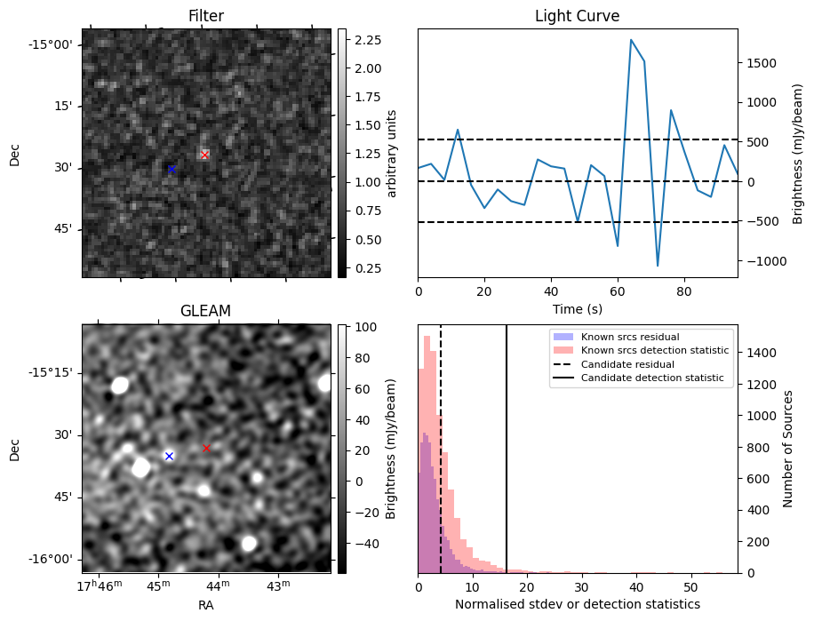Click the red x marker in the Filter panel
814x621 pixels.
coord(204,155)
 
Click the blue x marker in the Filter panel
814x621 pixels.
coord(172,169)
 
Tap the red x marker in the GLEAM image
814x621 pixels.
coord(206,449)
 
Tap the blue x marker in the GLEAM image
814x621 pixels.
coord(169,456)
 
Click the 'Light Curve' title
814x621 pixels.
coord(577,17)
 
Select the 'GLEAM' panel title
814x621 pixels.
coord(205,311)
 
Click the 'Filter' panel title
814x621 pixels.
coord(205,17)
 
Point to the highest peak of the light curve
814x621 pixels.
coord(631,40)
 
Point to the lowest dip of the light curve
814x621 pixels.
coord(658,266)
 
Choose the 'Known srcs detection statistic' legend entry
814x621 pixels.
coord(654,351)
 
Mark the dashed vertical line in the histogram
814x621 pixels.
coord(441,462)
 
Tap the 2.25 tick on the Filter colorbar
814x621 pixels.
coord(368,40)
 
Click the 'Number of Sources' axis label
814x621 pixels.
coord(787,449)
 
